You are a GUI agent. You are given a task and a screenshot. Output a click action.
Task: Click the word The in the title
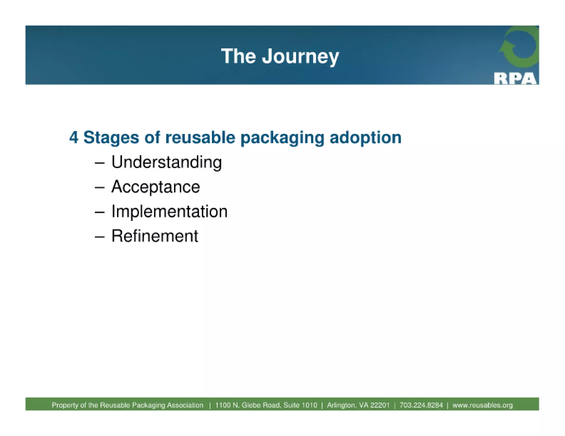(238, 56)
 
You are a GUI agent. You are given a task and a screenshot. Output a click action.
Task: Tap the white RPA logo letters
(515, 79)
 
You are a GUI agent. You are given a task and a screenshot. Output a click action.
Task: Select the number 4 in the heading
(74, 137)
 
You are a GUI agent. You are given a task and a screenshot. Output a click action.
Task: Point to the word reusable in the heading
(200, 137)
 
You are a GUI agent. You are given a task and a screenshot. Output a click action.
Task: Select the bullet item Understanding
(166, 162)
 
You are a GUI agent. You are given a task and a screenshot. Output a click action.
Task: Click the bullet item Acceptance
(156, 187)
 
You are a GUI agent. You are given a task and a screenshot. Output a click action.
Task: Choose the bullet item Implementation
(169, 212)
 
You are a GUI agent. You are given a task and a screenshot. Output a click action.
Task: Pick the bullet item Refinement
(154, 236)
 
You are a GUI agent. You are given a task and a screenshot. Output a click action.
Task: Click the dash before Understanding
(99, 163)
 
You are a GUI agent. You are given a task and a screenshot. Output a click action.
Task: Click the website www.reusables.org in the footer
(483, 405)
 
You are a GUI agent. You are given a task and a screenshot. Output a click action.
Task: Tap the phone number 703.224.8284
(421, 405)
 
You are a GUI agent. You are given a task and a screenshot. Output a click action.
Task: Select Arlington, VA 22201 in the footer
(358, 405)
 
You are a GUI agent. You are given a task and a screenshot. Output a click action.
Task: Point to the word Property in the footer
(63, 405)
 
